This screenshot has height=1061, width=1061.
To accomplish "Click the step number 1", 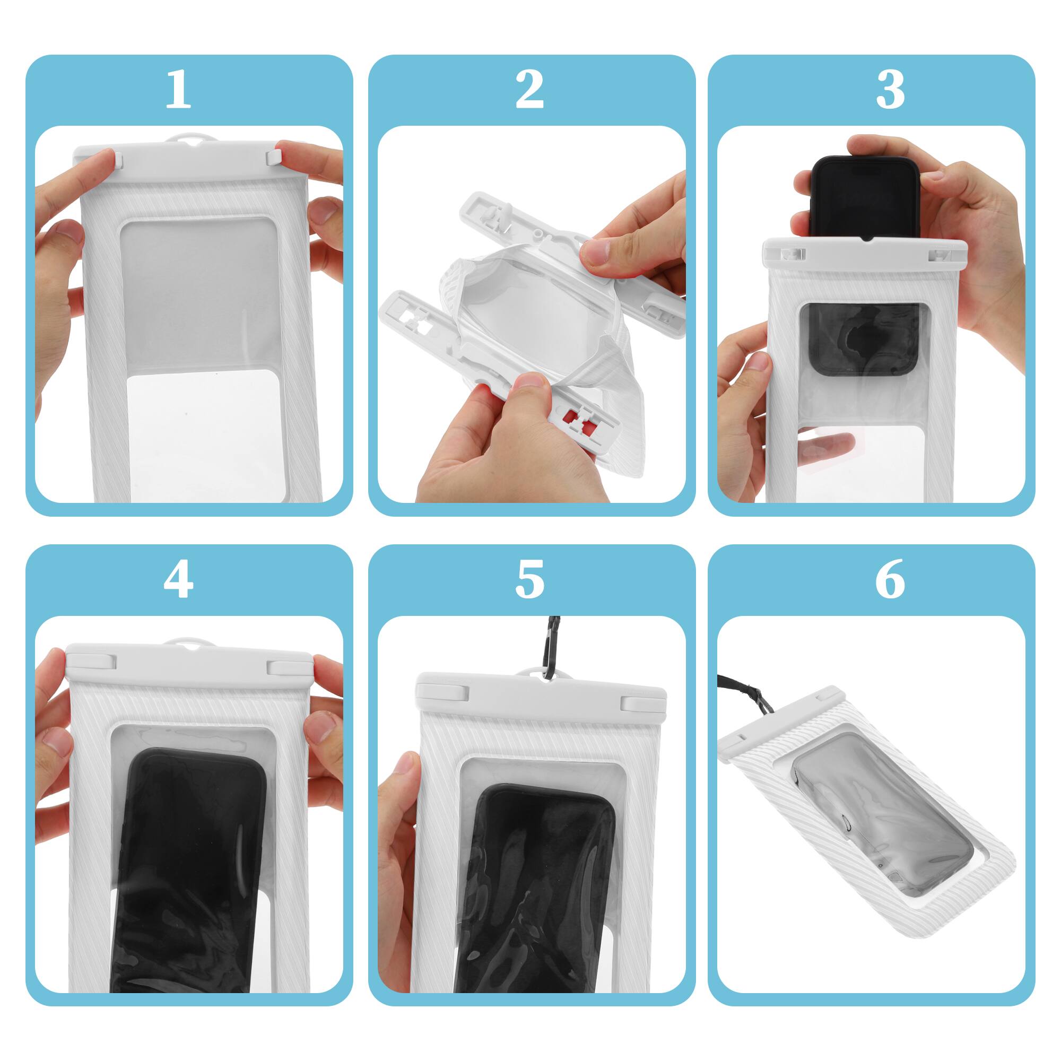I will [178, 91].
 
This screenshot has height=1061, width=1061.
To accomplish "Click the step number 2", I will [529, 91].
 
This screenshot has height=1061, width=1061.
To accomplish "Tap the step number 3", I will [890, 91].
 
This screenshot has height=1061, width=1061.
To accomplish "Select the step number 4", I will [178, 580].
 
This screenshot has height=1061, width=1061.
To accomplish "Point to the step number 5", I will [529, 580].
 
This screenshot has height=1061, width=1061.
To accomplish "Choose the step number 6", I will [890, 580].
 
